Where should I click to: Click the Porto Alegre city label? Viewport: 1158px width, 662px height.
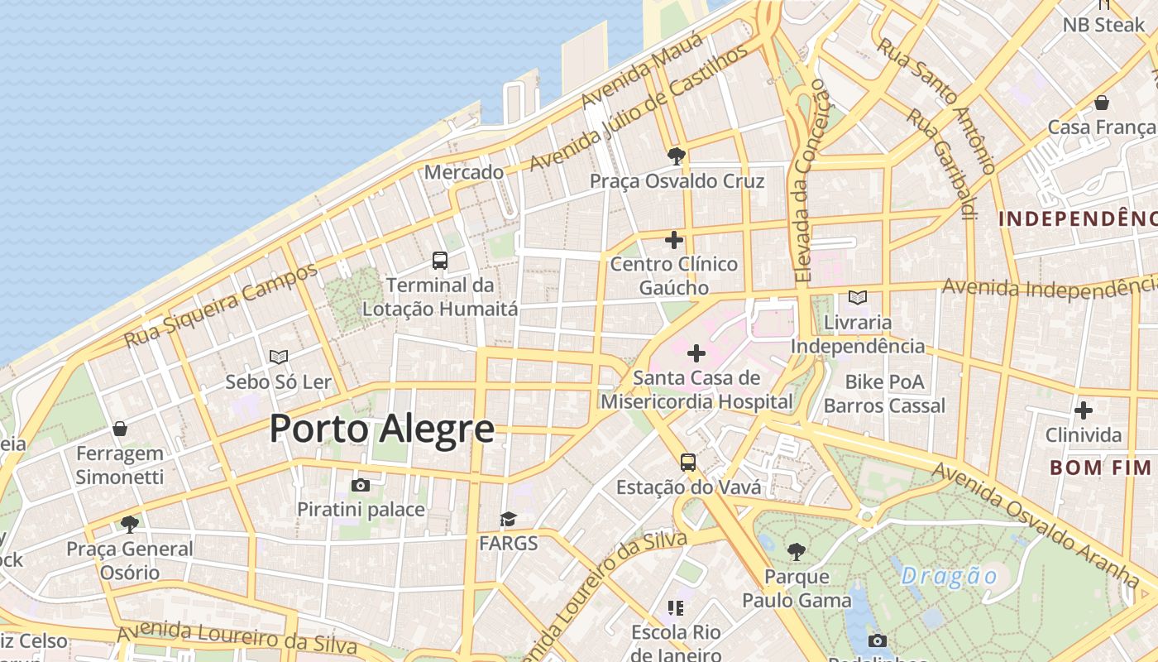[382, 429]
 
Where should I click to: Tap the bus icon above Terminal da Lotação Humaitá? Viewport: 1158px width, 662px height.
[440, 261]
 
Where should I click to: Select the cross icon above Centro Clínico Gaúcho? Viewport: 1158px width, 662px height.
[674, 240]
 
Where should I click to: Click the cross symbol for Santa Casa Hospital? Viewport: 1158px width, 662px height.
[696, 354]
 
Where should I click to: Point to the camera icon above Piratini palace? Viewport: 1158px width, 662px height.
[361, 485]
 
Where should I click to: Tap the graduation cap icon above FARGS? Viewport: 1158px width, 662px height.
[508, 519]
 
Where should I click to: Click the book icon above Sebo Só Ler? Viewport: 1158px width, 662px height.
[279, 357]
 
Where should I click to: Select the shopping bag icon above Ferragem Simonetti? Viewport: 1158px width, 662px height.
[120, 429]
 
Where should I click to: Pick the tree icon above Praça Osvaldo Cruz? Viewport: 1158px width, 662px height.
[677, 156]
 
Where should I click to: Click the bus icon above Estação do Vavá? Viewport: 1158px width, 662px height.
[688, 462]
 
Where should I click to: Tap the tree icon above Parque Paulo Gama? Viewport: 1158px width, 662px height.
[797, 551]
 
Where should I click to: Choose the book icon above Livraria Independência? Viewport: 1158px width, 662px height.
[858, 297]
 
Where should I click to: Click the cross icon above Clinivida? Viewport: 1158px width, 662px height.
[1083, 410]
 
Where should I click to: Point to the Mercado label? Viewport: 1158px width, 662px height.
[464, 172]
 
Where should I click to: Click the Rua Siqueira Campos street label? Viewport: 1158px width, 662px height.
[221, 305]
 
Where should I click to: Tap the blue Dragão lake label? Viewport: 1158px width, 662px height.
[950, 576]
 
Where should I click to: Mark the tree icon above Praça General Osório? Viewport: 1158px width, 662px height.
[129, 524]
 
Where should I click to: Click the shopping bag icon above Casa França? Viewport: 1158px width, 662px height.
[1101, 103]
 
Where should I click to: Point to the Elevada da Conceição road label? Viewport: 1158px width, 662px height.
[808, 178]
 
